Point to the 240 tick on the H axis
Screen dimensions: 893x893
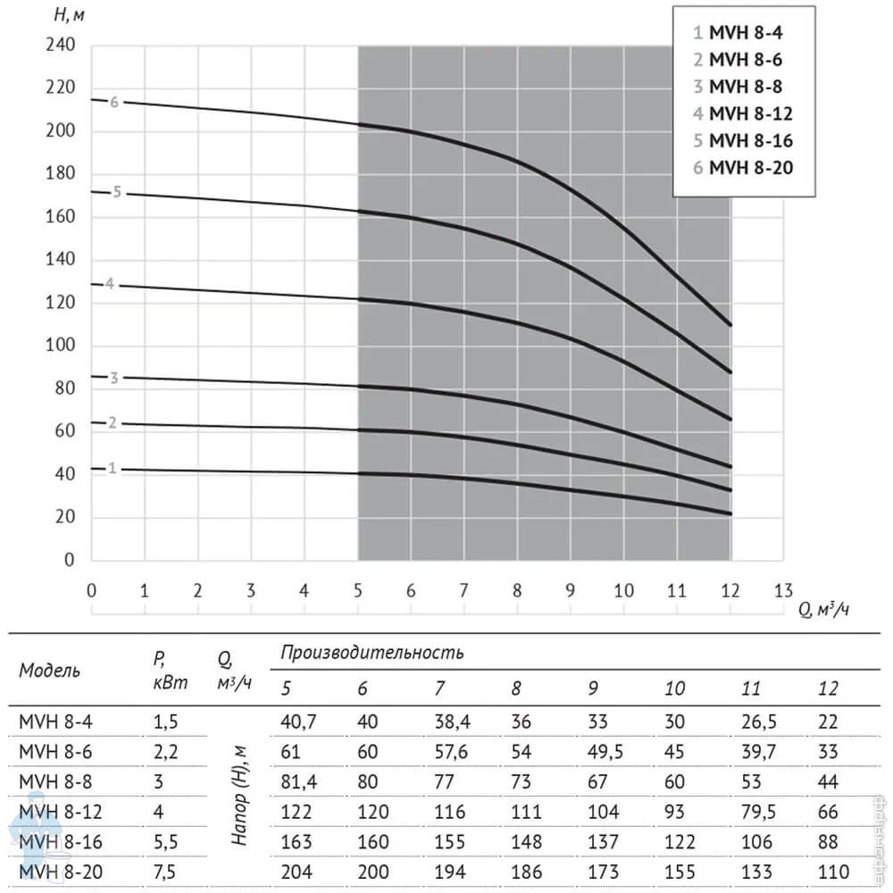tap(61, 46)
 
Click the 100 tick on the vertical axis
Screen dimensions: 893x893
tap(61, 346)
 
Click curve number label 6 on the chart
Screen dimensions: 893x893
tap(114, 102)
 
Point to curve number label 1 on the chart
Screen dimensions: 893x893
tap(113, 468)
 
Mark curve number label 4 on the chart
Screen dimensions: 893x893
tap(109, 284)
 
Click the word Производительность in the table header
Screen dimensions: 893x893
tap(371, 652)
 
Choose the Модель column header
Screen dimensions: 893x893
tap(49, 671)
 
